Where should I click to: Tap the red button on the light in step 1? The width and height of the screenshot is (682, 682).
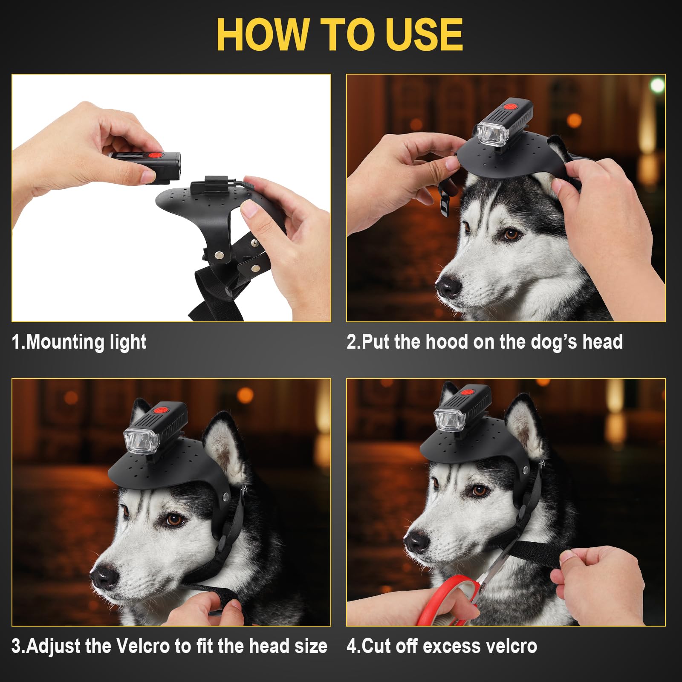point(154,156)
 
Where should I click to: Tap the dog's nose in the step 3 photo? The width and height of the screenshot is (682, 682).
point(104,577)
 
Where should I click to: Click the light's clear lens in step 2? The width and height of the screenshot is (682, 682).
point(493,133)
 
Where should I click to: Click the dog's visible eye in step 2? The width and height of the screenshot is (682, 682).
point(511,234)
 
